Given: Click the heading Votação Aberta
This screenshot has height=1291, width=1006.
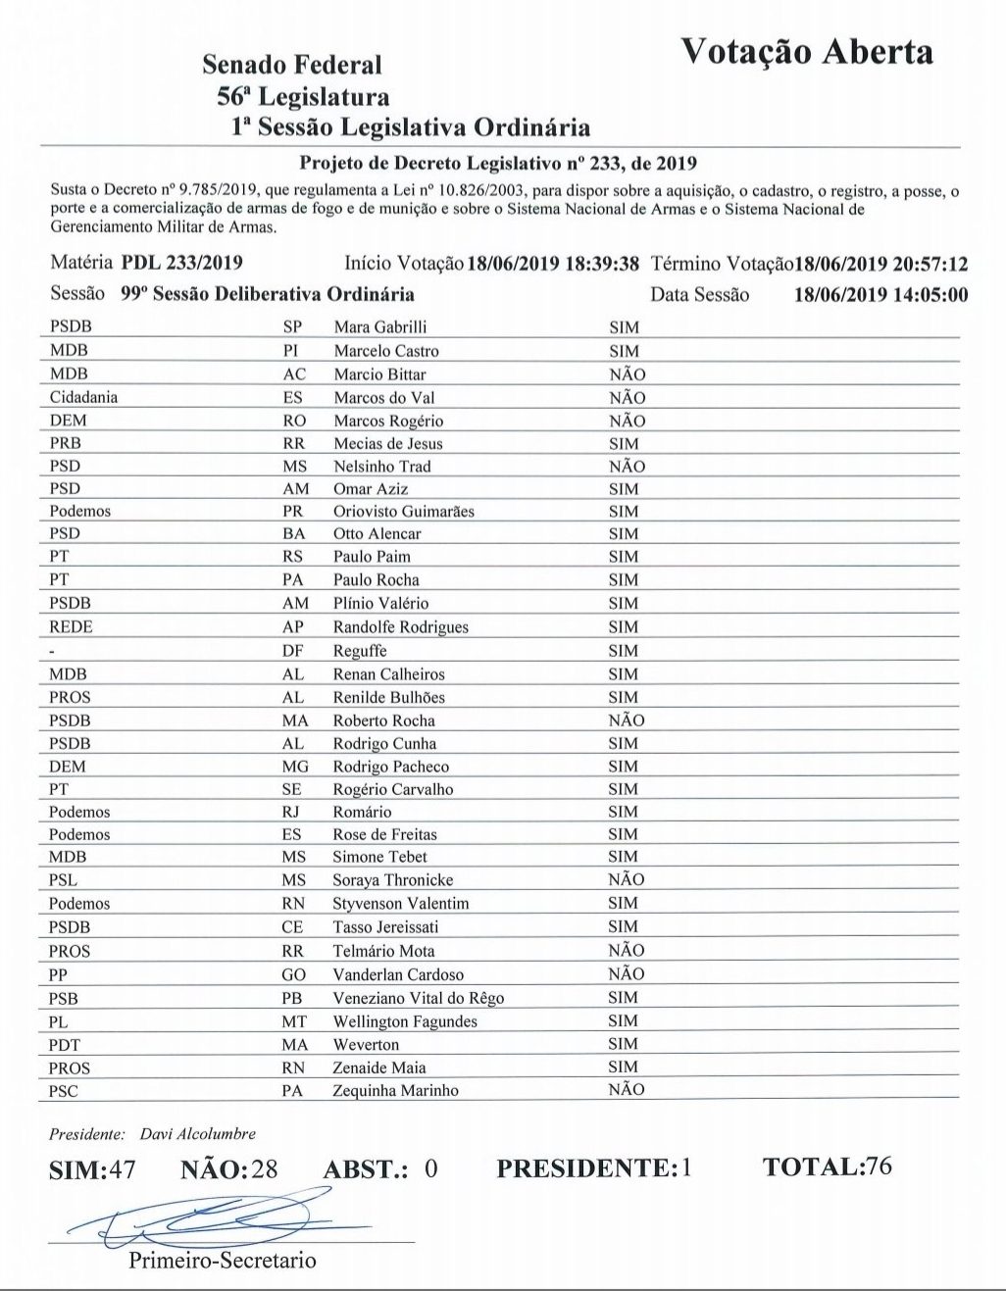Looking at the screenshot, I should [x=807, y=52].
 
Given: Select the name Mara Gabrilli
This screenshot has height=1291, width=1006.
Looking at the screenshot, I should [x=379, y=327].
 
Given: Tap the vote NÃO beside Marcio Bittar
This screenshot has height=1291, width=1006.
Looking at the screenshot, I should [x=627, y=374].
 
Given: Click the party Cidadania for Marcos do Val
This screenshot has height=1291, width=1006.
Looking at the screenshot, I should [x=83, y=398].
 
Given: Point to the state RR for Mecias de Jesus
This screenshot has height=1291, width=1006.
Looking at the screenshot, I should [x=293, y=444].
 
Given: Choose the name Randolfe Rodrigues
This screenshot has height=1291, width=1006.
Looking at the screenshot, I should [x=400, y=627].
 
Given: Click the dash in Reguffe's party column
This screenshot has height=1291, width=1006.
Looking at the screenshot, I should [x=53, y=651].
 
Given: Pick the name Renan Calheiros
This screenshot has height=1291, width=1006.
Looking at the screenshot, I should [x=388, y=674].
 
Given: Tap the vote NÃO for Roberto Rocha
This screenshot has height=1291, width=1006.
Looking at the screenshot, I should [x=627, y=720].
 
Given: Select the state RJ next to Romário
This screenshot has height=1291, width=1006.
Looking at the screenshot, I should [x=291, y=812].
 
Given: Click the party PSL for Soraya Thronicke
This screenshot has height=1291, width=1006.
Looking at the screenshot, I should [x=63, y=880].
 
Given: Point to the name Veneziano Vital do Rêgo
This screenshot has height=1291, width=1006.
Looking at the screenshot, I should [x=418, y=998].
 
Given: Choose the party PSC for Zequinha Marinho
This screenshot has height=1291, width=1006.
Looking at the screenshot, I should [x=64, y=1091].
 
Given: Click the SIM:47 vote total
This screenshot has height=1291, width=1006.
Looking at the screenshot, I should [x=92, y=1169].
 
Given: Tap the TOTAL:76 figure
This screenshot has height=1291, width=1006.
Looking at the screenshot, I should [x=827, y=1167].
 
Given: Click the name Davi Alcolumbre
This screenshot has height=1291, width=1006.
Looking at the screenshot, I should [x=197, y=1134].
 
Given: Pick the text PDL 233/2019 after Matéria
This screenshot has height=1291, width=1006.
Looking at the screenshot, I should [x=181, y=263].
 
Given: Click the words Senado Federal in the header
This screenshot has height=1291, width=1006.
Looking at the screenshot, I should [x=292, y=66].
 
